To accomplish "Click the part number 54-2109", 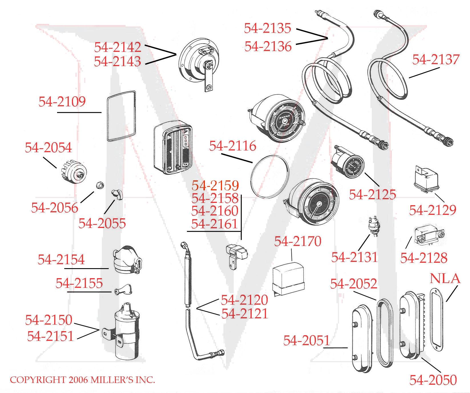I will (x=62, y=102).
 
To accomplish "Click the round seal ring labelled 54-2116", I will (x=270, y=176).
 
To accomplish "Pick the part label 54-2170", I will (x=297, y=241).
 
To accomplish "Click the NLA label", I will (x=445, y=278).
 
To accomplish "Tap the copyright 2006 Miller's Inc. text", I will (x=82, y=380).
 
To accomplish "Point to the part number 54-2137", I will (x=435, y=60).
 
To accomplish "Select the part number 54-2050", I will (x=433, y=380).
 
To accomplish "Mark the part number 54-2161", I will (x=215, y=224).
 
